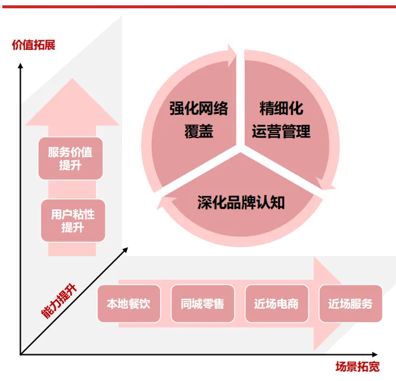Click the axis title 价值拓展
tap(34, 44)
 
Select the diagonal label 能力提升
tap(59, 302)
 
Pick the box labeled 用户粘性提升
tap(73, 220)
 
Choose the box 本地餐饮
tap(129, 304)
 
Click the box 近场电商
tap(276, 304)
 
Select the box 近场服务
tap(350, 304)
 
